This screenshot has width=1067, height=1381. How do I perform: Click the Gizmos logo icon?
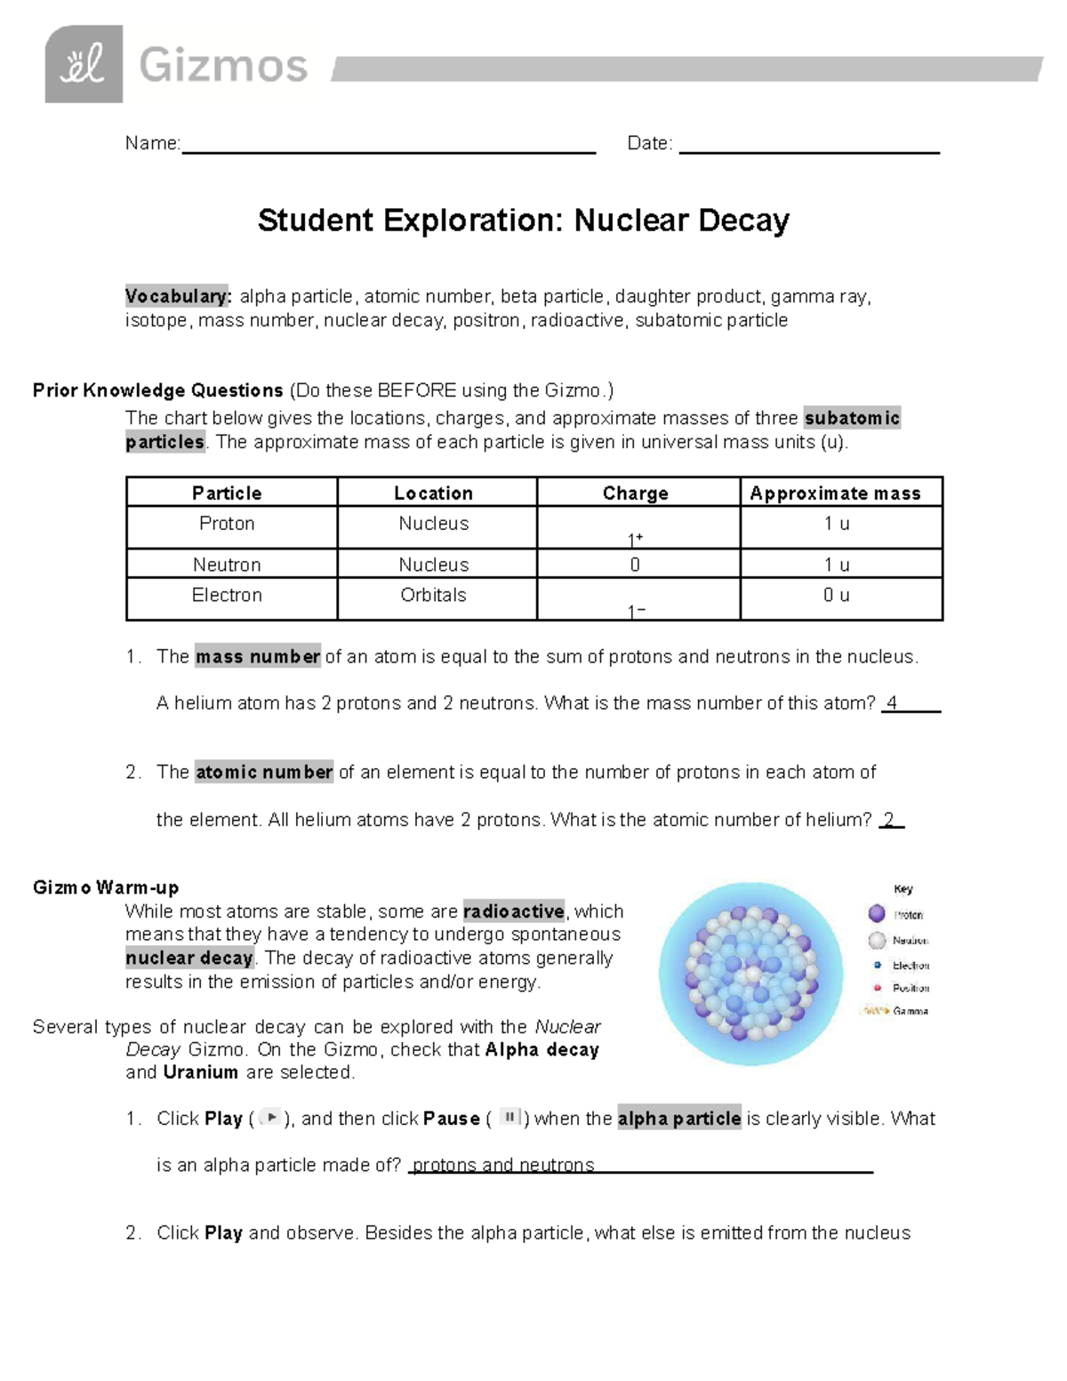84,64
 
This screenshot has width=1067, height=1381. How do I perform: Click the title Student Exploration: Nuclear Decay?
523,221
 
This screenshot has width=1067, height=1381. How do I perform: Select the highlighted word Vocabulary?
178,296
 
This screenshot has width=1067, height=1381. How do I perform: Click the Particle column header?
227,493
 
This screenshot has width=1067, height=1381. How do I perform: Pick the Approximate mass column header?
835,493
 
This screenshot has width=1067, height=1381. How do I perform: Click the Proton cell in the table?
227,524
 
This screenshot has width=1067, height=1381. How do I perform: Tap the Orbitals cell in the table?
433,595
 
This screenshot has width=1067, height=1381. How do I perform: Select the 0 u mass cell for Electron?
836,595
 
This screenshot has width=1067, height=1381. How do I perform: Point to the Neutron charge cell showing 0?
635,565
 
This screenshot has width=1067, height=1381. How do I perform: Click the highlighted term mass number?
258,657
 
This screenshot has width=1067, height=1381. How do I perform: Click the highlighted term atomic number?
264,772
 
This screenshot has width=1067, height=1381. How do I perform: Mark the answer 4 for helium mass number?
892,703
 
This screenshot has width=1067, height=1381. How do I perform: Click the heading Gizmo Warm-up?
106,887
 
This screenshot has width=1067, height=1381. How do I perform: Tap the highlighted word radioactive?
514,911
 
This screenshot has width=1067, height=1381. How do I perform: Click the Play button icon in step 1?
271,1118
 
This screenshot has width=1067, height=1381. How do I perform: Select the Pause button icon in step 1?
509,1117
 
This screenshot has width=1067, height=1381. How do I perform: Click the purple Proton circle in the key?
877,913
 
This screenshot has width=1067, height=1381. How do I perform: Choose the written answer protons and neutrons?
503,1165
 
